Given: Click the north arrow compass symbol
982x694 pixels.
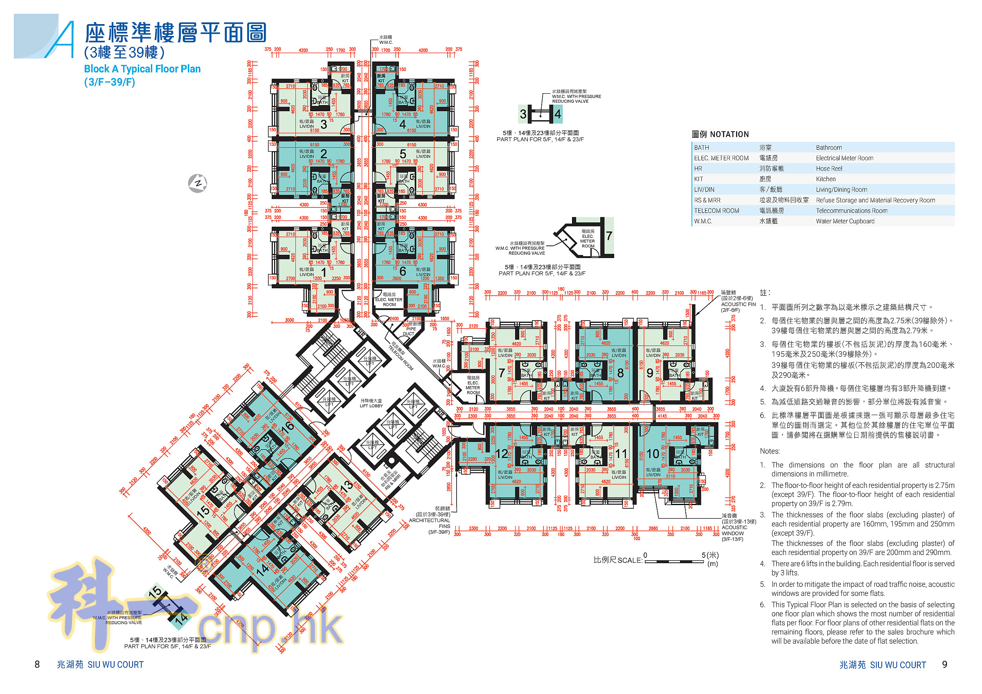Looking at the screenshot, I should [198, 184].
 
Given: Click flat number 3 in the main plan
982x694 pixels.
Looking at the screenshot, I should [324, 124].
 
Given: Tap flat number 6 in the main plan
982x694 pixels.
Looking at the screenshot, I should [403, 271].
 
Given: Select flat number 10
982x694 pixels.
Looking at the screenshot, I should [653, 454].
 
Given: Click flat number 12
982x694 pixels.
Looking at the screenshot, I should [502, 454].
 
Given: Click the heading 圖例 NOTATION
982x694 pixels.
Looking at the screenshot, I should [720, 134].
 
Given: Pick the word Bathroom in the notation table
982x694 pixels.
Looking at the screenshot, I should [829, 148].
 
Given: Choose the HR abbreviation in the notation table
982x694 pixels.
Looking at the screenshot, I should [698, 168].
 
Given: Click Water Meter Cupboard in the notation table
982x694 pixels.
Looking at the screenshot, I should [845, 221].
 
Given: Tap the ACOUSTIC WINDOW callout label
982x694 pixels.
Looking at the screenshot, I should [734, 530].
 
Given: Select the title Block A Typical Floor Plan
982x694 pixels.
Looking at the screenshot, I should [142, 69].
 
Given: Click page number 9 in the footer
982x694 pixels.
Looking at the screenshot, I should [944, 664].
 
